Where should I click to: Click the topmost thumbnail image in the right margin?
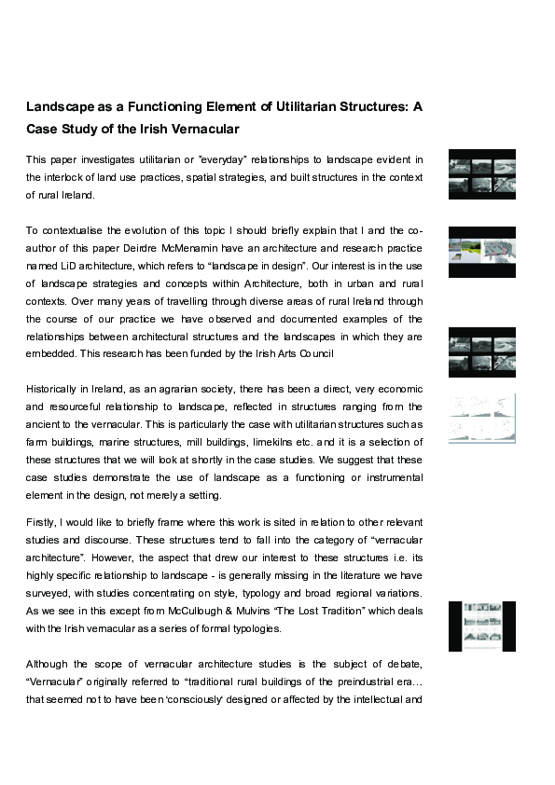click(x=481, y=173)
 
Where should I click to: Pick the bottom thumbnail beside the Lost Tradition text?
click(x=481, y=626)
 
